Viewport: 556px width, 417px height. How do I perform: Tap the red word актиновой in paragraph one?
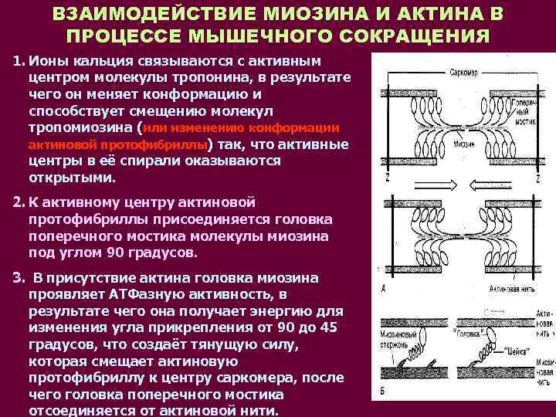(x=62, y=145)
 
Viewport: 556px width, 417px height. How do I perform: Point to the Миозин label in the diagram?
(x=465, y=144)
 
